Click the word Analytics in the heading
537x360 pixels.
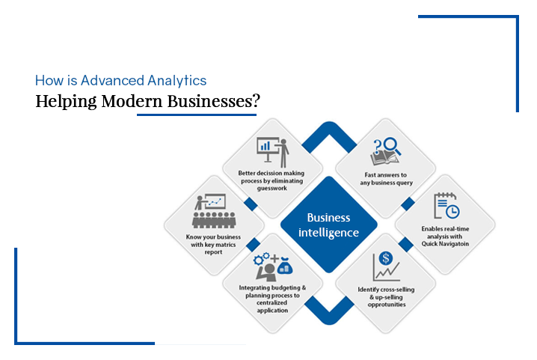pyautogui.click(x=177, y=81)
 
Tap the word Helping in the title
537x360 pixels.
pyautogui.click(x=66, y=102)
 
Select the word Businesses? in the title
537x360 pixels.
pyautogui.click(x=213, y=101)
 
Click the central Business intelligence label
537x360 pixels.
pyautogui.click(x=328, y=225)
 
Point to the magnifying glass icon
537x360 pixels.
pyautogui.click(x=392, y=146)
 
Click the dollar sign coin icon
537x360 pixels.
pyautogui.click(x=386, y=258)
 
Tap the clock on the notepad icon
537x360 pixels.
pyautogui.click(x=452, y=211)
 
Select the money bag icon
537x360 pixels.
pyautogui.click(x=285, y=266)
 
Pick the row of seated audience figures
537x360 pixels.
pyautogui.click(x=214, y=220)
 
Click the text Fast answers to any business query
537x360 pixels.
pyautogui.click(x=386, y=179)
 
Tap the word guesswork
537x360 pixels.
pyautogui.click(x=272, y=188)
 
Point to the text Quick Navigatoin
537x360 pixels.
pyautogui.click(x=445, y=244)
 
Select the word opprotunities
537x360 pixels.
pyautogui.click(x=387, y=305)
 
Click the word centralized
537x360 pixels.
pyautogui.click(x=272, y=302)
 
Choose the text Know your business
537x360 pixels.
pyautogui.click(x=213, y=237)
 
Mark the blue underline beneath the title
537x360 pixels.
pyautogui.click(x=197, y=115)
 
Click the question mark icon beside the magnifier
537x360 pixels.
pyautogui.click(x=377, y=147)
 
